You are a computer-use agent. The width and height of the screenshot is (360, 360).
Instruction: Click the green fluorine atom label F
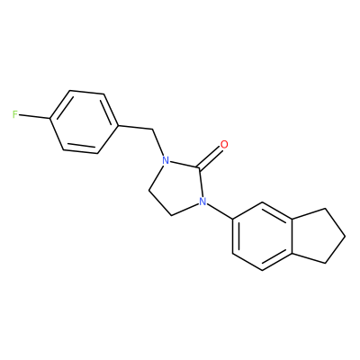(15, 114)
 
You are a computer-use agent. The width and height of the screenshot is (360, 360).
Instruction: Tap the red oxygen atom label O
(224, 145)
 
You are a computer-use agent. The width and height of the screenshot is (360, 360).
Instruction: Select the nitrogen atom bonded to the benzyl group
(165, 160)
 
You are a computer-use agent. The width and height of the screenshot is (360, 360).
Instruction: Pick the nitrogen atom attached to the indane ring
(203, 202)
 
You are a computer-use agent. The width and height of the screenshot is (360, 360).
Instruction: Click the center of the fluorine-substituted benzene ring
(84, 122)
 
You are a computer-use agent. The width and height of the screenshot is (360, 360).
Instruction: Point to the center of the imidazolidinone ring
(179, 184)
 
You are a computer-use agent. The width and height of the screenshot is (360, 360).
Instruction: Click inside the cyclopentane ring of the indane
(317, 236)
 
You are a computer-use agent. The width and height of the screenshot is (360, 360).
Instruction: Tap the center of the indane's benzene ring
(262, 236)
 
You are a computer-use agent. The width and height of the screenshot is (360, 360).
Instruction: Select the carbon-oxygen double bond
(211, 157)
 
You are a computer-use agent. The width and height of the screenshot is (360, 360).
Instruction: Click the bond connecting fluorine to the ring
(34, 116)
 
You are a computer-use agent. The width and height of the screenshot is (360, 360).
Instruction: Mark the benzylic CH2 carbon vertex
(153, 130)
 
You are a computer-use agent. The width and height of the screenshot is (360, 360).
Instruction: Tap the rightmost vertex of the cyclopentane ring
(345, 236)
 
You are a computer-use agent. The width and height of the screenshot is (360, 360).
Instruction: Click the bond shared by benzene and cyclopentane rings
(292, 236)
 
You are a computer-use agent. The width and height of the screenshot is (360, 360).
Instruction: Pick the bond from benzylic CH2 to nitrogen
(158, 143)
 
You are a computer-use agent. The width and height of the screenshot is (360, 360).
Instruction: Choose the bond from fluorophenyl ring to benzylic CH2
(135, 128)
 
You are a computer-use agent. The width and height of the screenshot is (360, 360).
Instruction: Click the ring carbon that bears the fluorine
(50, 119)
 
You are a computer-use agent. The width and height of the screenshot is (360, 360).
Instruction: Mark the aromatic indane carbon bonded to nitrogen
(233, 219)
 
